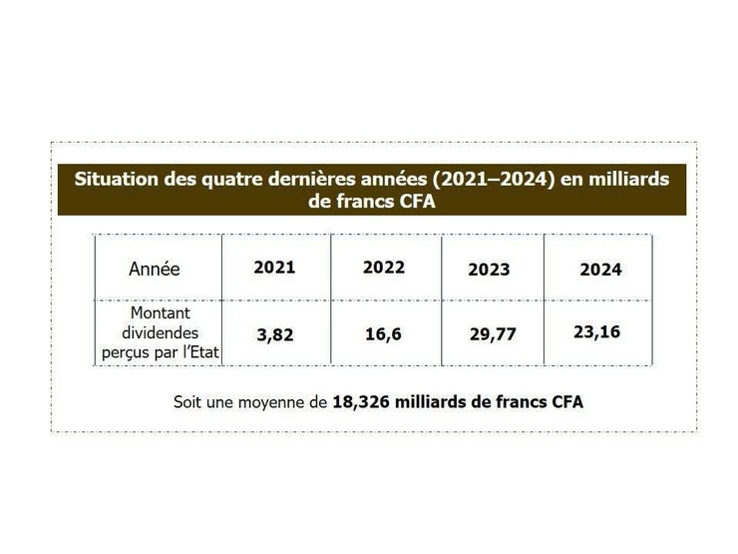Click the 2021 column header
click(274, 268)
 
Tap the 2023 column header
click(489, 270)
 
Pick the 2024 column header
click(600, 270)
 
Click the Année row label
click(155, 269)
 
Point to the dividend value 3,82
click(275, 335)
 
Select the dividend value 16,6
click(383, 334)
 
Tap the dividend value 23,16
click(596, 331)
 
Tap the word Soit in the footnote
click(188, 402)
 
